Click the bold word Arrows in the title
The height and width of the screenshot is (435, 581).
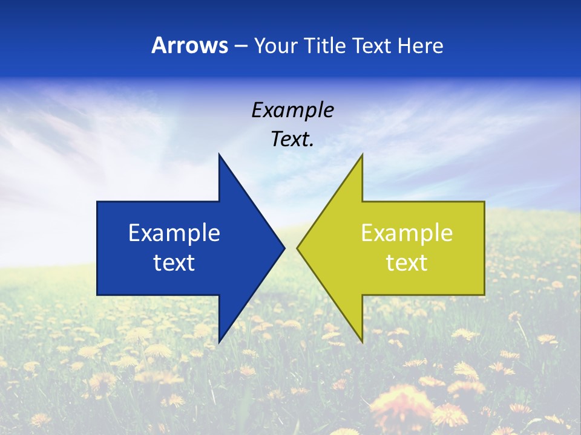189,45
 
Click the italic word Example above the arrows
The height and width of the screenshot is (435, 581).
292,110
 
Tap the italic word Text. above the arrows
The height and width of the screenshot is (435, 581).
292,140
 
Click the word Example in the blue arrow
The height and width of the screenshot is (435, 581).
174,233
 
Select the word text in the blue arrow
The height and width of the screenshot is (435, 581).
174,263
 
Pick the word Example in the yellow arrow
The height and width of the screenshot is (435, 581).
407,233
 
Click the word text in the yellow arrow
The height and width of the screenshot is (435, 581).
407,263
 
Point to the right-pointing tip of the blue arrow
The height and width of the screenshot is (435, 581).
284,248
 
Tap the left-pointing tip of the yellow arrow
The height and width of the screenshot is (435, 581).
297,248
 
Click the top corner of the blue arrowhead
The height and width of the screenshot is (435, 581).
219,155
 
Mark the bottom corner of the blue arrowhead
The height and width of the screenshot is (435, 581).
219,343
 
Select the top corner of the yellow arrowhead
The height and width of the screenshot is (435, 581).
362,155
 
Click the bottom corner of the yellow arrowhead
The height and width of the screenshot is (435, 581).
362,343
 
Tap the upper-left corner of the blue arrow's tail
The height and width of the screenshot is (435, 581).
97,202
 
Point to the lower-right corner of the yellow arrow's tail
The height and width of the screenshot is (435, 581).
484,294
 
